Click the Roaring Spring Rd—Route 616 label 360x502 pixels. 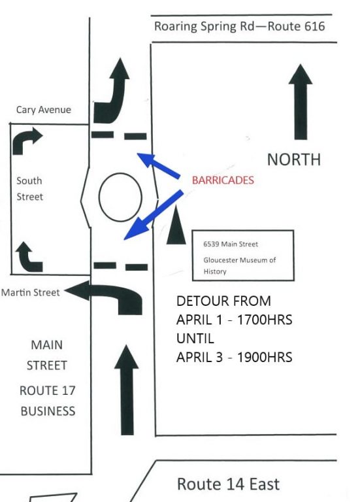click(x=239, y=27)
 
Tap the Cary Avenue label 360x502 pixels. click(x=44, y=110)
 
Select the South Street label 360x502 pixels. click(x=29, y=188)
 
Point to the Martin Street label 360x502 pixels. click(x=31, y=292)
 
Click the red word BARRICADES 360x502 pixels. click(x=223, y=180)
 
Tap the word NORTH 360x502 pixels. click(x=294, y=159)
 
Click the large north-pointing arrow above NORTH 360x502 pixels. click(x=301, y=102)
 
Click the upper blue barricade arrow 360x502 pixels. click(x=158, y=165)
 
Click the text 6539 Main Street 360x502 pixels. click(x=231, y=244)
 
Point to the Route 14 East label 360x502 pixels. click(x=228, y=484)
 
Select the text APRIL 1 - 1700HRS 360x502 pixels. click(x=235, y=320)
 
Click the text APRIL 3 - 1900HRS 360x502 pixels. click(x=235, y=357)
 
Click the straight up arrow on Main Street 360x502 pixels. click(x=127, y=390)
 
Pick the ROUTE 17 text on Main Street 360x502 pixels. click(x=47, y=391)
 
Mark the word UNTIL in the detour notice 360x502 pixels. click(x=195, y=339)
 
